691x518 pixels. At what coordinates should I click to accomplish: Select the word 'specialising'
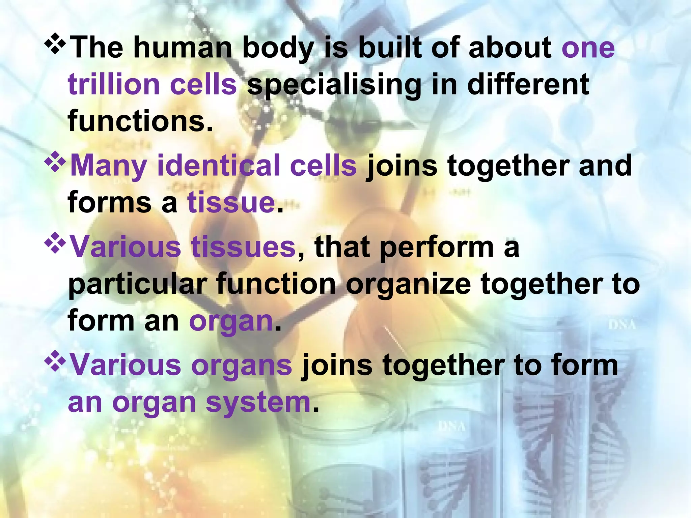pos(334,85)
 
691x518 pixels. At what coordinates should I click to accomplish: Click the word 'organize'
pos(408,285)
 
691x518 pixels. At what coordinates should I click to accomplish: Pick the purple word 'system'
pos(258,403)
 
